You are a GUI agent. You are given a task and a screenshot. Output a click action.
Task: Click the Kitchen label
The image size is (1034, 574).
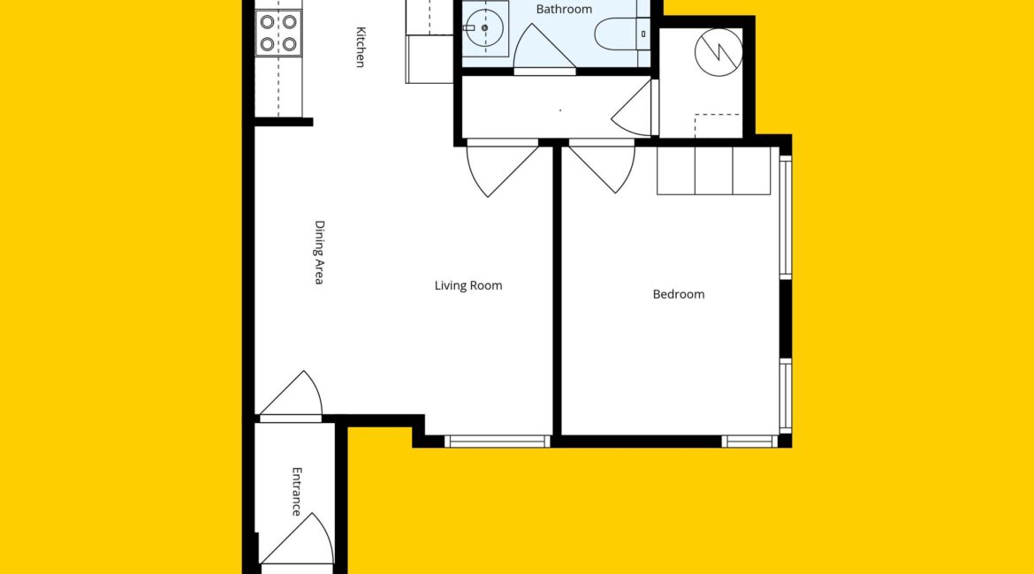click(x=361, y=47)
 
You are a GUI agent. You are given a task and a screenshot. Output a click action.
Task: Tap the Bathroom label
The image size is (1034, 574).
click(x=564, y=9)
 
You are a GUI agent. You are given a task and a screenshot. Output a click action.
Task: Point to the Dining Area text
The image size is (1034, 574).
click(x=319, y=253)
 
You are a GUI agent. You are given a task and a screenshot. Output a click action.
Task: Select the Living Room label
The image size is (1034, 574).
click(x=468, y=285)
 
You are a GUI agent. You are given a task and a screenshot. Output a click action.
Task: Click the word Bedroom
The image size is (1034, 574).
click(x=679, y=295)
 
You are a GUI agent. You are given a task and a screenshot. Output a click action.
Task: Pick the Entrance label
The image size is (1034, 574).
click(x=297, y=492)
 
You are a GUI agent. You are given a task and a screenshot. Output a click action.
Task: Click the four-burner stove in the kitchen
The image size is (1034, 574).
click(x=278, y=33)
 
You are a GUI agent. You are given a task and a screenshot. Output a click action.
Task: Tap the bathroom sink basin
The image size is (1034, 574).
click(x=484, y=28)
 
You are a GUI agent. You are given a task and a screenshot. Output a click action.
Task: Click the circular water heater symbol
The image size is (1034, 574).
click(x=718, y=52)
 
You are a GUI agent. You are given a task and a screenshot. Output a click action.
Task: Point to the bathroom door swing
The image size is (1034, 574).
click(x=544, y=50)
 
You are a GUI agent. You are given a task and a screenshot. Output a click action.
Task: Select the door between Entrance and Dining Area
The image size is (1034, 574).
click(x=291, y=397)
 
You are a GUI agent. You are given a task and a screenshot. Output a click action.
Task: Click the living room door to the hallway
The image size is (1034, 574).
click(x=503, y=168)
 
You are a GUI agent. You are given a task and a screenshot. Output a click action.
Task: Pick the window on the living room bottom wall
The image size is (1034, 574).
click(x=498, y=442)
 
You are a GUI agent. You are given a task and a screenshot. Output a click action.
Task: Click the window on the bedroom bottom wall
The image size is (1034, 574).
click(x=750, y=442)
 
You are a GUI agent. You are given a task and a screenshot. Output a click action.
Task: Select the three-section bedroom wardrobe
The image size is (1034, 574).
click(x=713, y=170)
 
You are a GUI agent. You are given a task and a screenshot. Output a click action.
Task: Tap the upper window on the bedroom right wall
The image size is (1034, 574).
click(x=786, y=216)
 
